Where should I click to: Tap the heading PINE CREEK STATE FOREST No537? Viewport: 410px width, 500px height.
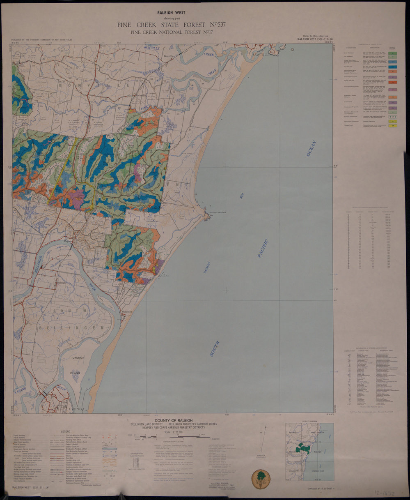[x=171, y=25]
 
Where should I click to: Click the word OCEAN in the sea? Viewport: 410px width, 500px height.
[x=312, y=148]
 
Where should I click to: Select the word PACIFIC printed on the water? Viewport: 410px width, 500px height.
[x=263, y=248]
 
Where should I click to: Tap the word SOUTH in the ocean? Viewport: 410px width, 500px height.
[x=215, y=348]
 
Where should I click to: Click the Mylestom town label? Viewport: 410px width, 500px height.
[x=128, y=312]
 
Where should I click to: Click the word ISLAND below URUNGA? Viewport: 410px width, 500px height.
[x=75, y=373]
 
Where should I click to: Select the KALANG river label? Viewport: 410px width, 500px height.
[x=21, y=389]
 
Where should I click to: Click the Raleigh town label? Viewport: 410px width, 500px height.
[x=61, y=283]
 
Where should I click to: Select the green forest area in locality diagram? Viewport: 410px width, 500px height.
[x=304, y=448]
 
